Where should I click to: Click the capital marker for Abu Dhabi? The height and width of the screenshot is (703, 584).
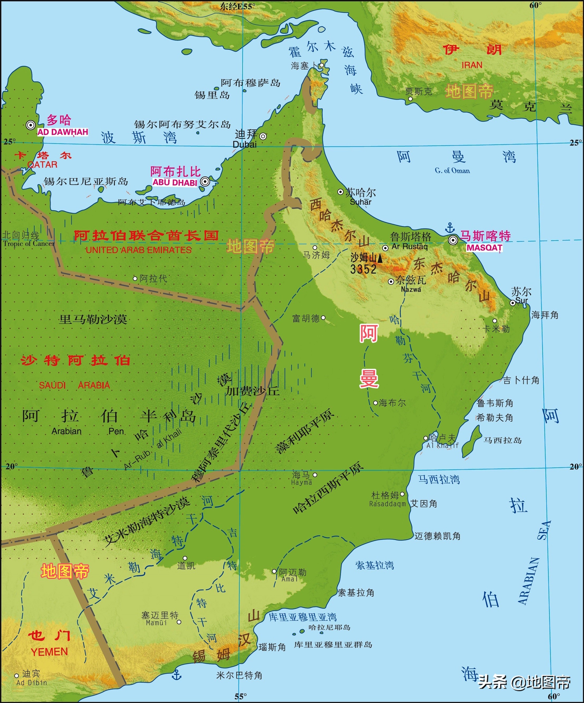click(x=205, y=182)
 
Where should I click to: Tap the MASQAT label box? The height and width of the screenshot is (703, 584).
click(x=484, y=247)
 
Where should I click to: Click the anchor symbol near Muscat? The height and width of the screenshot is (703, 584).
click(x=450, y=228)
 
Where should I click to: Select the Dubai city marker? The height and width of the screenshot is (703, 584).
click(x=263, y=136)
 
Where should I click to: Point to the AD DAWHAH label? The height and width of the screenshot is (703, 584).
click(x=63, y=132)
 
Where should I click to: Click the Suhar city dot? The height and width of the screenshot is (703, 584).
click(x=340, y=192)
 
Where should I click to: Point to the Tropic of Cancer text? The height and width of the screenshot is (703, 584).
click(x=29, y=243)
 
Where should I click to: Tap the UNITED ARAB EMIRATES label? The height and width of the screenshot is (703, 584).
click(x=138, y=250)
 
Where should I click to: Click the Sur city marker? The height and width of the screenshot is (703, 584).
click(x=512, y=303)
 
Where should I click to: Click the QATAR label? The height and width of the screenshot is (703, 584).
click(x=42, y=164)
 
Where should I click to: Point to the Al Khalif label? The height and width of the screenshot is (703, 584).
click(x=442, y=446)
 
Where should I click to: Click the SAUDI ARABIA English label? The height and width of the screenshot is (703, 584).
click(x=74, y=385)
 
